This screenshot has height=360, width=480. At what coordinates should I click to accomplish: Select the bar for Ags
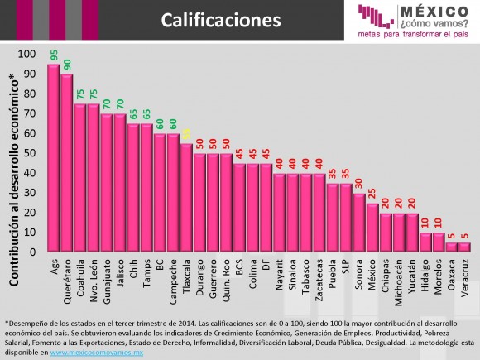[53, 157]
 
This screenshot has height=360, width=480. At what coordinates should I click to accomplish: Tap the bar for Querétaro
[67, 162]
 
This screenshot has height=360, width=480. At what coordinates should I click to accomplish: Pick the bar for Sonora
[358, 222]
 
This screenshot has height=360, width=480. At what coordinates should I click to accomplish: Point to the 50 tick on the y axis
[31, 153]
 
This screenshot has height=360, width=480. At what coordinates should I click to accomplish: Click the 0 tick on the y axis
[34, 252]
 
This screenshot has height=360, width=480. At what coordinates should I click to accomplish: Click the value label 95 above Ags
[53, 55]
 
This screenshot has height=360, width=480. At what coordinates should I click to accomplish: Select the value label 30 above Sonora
[358, 184]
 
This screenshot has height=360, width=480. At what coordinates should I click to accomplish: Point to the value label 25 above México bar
[372, 194]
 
